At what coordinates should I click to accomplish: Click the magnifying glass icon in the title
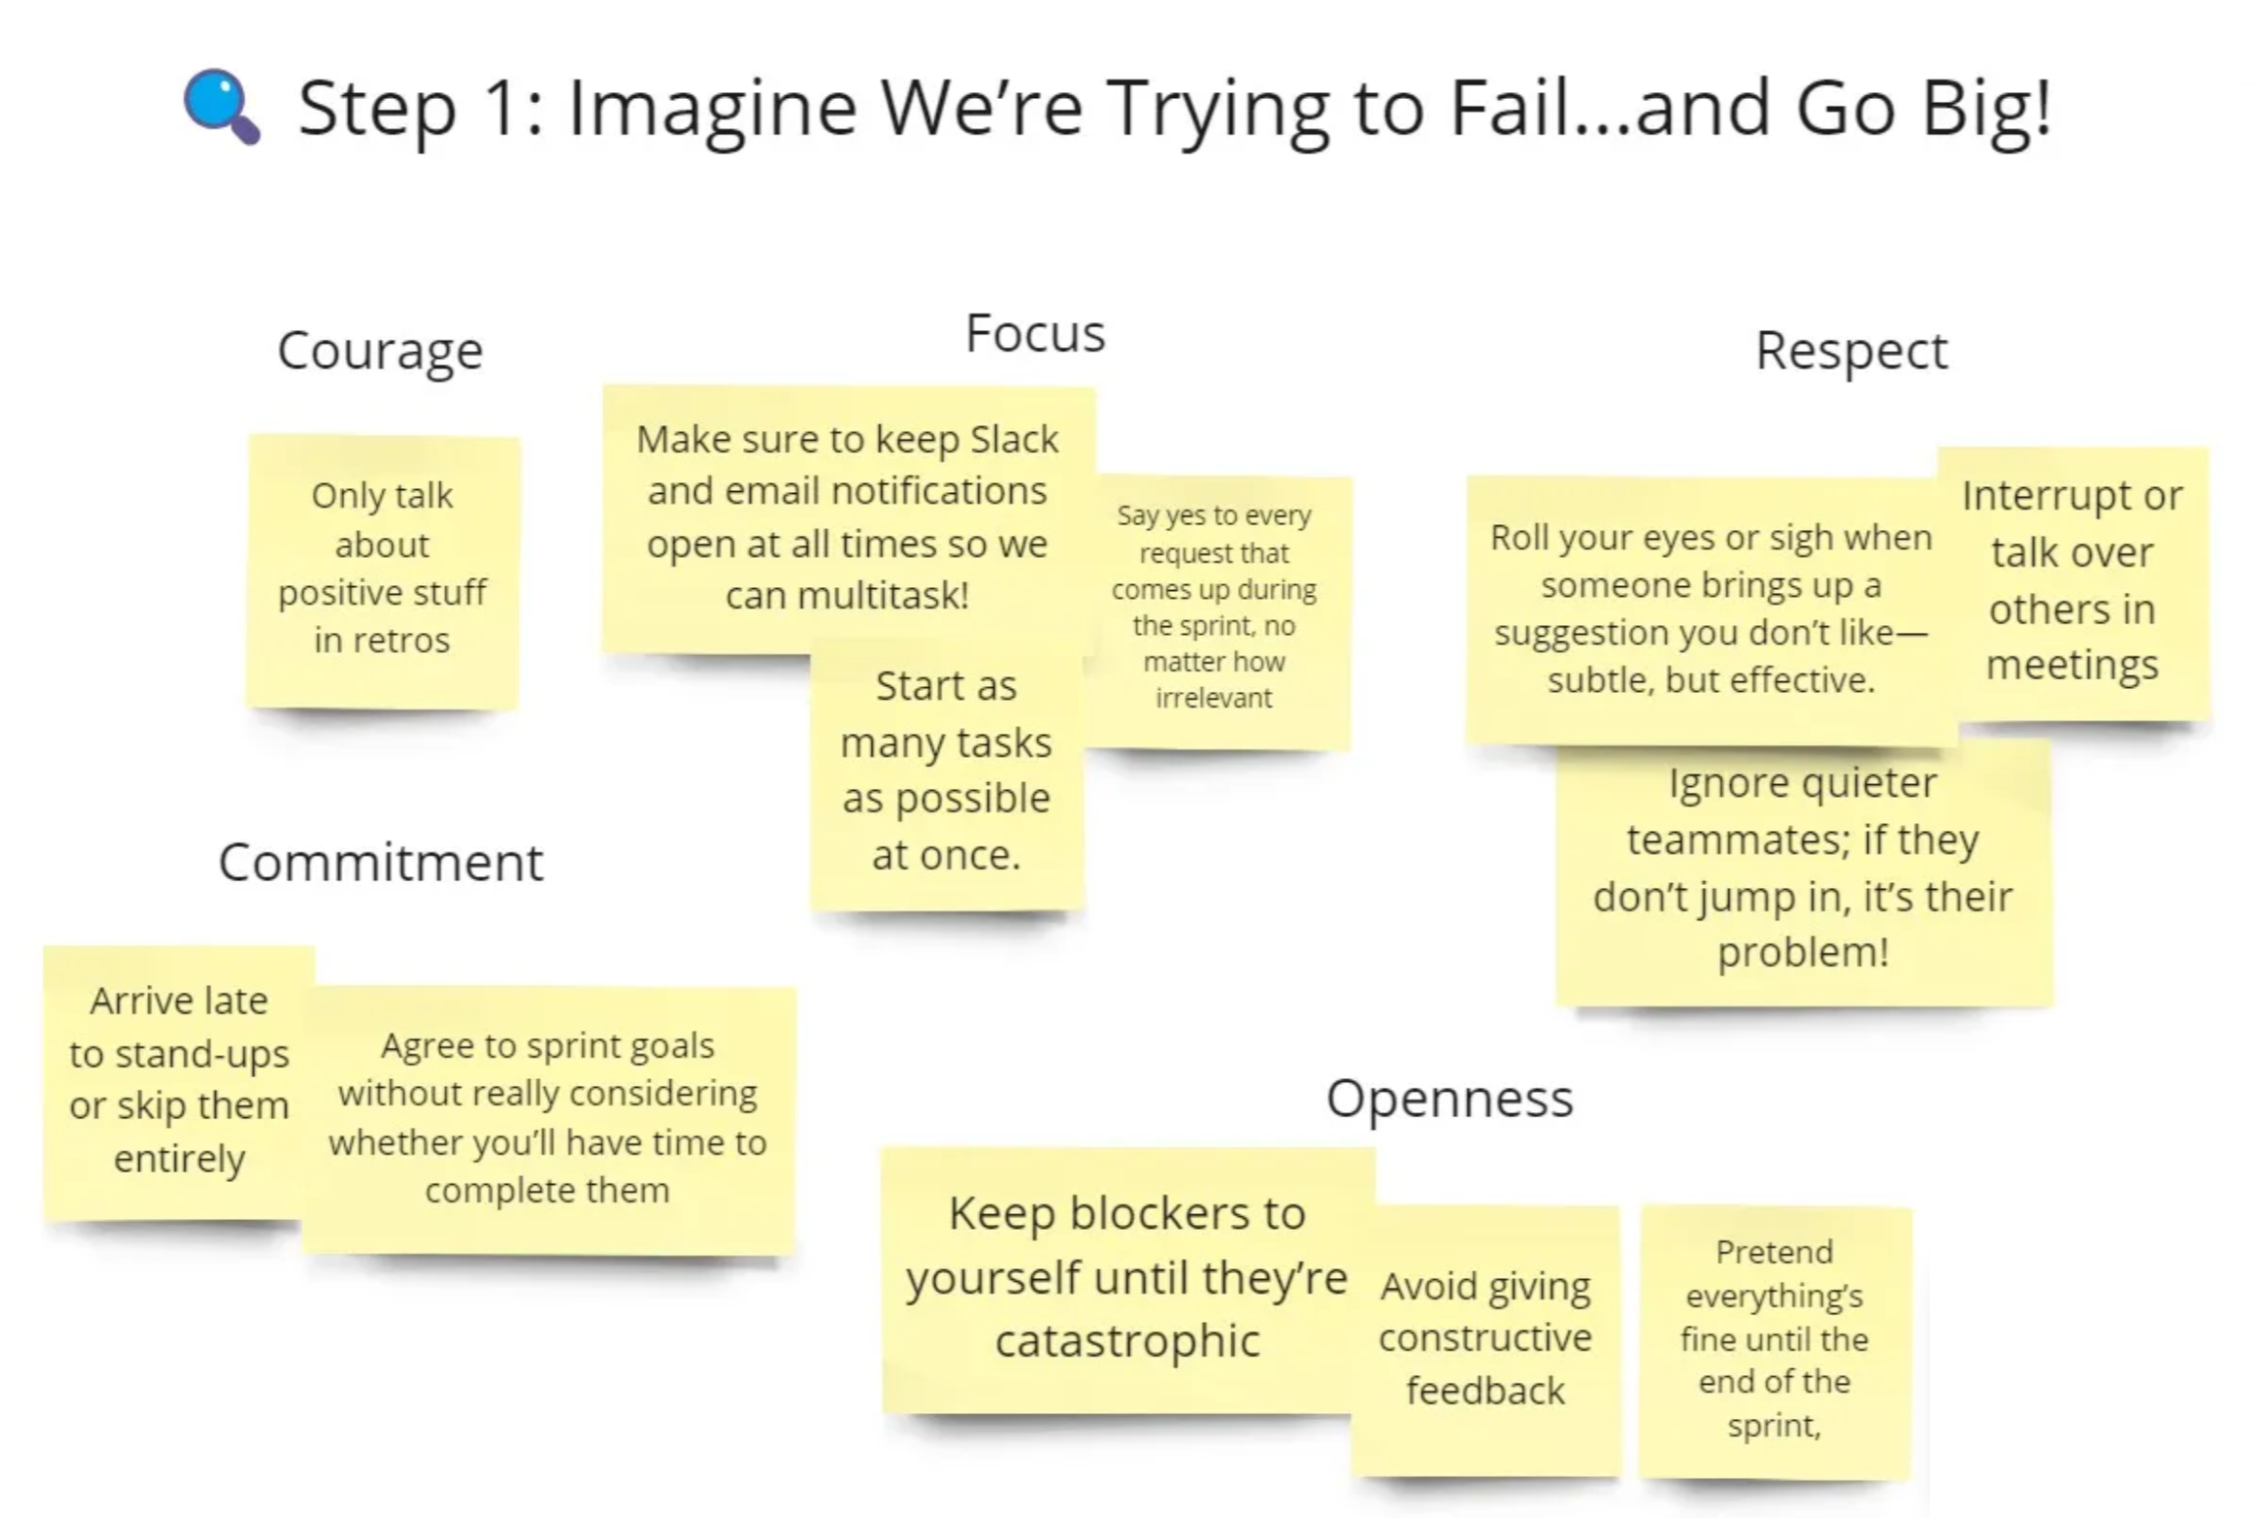221,106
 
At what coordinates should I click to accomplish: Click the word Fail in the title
1510,107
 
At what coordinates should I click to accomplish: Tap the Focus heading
1035,333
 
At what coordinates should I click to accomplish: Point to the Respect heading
1851,352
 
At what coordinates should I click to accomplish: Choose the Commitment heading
380,862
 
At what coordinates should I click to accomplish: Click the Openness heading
1450,1099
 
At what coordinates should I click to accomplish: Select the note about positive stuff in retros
382,571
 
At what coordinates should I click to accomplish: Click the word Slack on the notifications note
1013,439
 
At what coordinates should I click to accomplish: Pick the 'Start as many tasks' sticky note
947,774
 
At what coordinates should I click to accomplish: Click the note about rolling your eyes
1711,610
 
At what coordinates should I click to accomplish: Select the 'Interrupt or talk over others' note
2073,582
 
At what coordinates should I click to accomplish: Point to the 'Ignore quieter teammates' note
1804,871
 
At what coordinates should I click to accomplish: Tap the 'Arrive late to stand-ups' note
178,1083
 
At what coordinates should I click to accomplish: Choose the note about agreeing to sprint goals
549,1119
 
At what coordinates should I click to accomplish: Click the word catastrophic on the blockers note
1127,1342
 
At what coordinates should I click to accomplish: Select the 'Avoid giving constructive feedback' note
1486,1340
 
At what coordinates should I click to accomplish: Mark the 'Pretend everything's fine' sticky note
1775,1342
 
